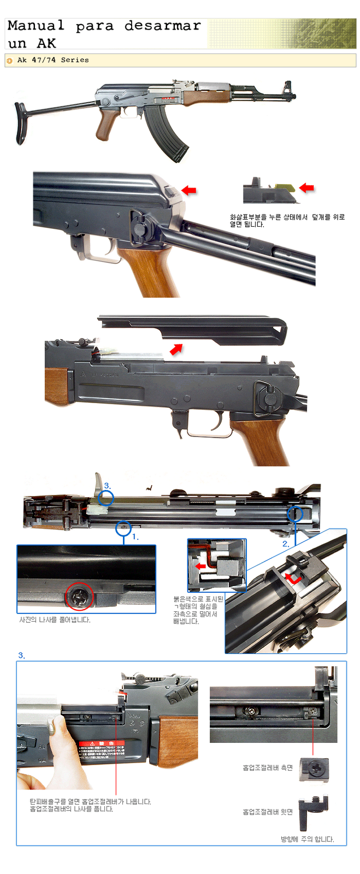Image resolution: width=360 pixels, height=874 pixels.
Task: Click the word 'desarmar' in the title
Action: click(x=162, y=26)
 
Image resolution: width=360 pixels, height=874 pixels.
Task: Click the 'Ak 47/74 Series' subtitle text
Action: click(x=53, y=60)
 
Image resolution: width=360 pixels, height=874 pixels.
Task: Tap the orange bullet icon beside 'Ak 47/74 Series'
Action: click(x=9, y=61)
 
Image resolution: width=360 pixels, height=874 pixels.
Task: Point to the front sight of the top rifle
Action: click(x=287, y=88)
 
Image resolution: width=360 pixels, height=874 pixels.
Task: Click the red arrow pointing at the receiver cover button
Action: click(x=188, y=190)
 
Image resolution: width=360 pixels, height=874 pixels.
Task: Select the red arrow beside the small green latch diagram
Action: click(x=306, y=188)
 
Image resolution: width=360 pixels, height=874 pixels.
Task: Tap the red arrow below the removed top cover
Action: click(x=176, y=349)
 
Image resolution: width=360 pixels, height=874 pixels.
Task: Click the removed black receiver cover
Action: click(x=197, y=328)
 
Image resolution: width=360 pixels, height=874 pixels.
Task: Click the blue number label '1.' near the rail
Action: click(x=135, y=537)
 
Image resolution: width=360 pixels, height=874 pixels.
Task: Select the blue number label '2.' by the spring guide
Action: click(x=285, y=544)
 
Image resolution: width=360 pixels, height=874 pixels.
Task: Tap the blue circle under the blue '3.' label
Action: click(x=107, y=498)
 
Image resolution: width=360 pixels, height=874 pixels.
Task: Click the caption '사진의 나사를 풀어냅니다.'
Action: click(x=55, y=620)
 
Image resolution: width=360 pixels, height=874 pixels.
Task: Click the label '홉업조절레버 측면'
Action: click(x=268, y=767)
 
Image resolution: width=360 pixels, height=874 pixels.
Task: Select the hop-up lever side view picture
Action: click(x=314, y=769)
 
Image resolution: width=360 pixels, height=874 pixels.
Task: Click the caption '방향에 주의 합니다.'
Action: click(x=307, y=839)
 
